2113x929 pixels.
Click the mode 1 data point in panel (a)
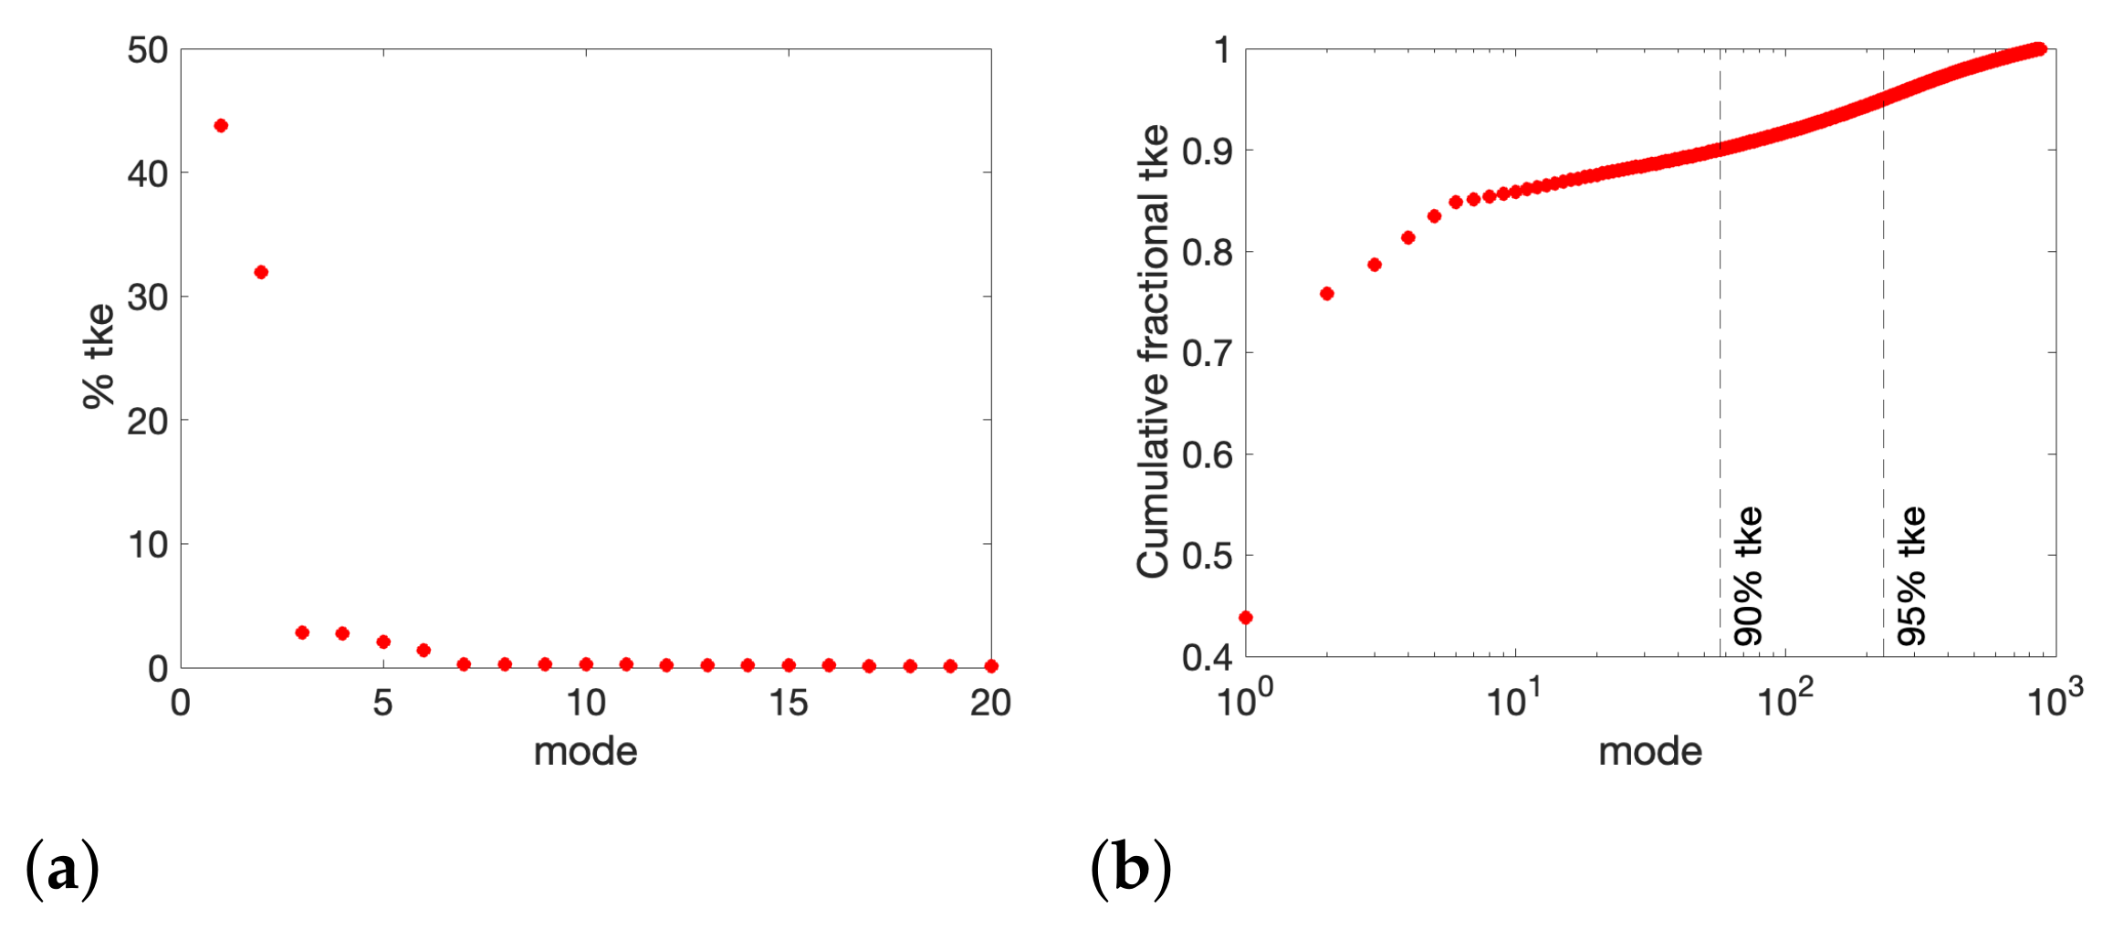(x=221, y=126)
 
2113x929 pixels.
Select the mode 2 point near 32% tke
(x=261, y=272)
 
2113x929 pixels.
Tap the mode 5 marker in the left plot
(x=383, y=642)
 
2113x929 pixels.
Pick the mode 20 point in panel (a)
(x=991, y=666)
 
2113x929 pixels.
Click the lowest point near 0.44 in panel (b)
(x=1246, y=618)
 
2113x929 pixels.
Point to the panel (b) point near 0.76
(x=1327, y=294)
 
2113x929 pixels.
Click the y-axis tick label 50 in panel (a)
(x=148, y=50)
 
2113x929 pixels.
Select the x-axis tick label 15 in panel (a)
(x=788, y=704)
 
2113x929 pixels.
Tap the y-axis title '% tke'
(x=99, y=356)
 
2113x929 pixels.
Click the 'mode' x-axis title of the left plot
(x=585, y=752)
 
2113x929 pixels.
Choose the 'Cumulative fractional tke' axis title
(x=1153, y=351)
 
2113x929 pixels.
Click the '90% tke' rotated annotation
(x=1748, y=577)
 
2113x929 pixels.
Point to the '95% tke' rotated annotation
(x=1911, y=577)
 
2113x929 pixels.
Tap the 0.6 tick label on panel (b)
(x=1207, y=454)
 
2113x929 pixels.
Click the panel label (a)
(x=62, y=869)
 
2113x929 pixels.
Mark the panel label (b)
(x=1131, y=869)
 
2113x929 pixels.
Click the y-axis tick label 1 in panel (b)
(x=1223, y=50)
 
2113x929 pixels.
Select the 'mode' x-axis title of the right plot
(x=1650, y=752)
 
